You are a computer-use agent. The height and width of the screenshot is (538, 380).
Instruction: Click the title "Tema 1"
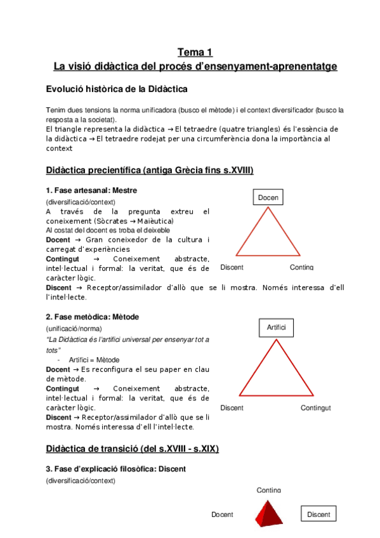pyautogui.click(x=195, y=52)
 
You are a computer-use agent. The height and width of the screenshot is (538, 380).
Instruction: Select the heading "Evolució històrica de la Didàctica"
pyautogui.click(x=117, y=89)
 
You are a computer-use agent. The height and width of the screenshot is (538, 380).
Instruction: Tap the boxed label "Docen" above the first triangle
pyautogui.click(x=268, y=198)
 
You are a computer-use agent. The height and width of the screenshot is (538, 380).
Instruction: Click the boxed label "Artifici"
pyautogui.click(x=276, y=327)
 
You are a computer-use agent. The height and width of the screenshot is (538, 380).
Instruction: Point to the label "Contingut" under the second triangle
pyautogui.click(x=315, y=408)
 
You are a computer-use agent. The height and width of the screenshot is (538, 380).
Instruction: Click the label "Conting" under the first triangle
pyautogui.click(x=301, y=267)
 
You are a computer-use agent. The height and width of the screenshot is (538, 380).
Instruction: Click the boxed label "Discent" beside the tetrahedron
pyautogui.click(x=318, y=515)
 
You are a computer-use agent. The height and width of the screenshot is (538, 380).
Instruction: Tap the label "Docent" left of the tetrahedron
pyautogui.click(x=222, y=515)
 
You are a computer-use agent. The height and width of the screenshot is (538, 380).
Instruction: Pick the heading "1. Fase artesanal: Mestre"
pyautogui.click(x=91, y=190)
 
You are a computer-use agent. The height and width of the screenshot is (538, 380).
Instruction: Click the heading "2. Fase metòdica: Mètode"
pyautogui.click(x=92, y=317)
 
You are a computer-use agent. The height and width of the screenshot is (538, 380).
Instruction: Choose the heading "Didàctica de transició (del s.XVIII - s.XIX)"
pyautogui.click(x=133, y=449)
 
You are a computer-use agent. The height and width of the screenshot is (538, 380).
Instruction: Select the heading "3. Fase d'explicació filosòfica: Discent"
pyautogui.click(x=115, y=469)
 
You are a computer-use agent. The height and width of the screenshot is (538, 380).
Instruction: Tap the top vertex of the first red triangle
pyautogui.click(x=268, y=209)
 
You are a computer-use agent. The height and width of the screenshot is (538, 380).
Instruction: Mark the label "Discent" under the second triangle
pyautogui.click(x=232, y=408)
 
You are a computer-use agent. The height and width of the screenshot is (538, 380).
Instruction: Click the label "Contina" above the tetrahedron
pyautogui.click(x=269, y=490)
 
